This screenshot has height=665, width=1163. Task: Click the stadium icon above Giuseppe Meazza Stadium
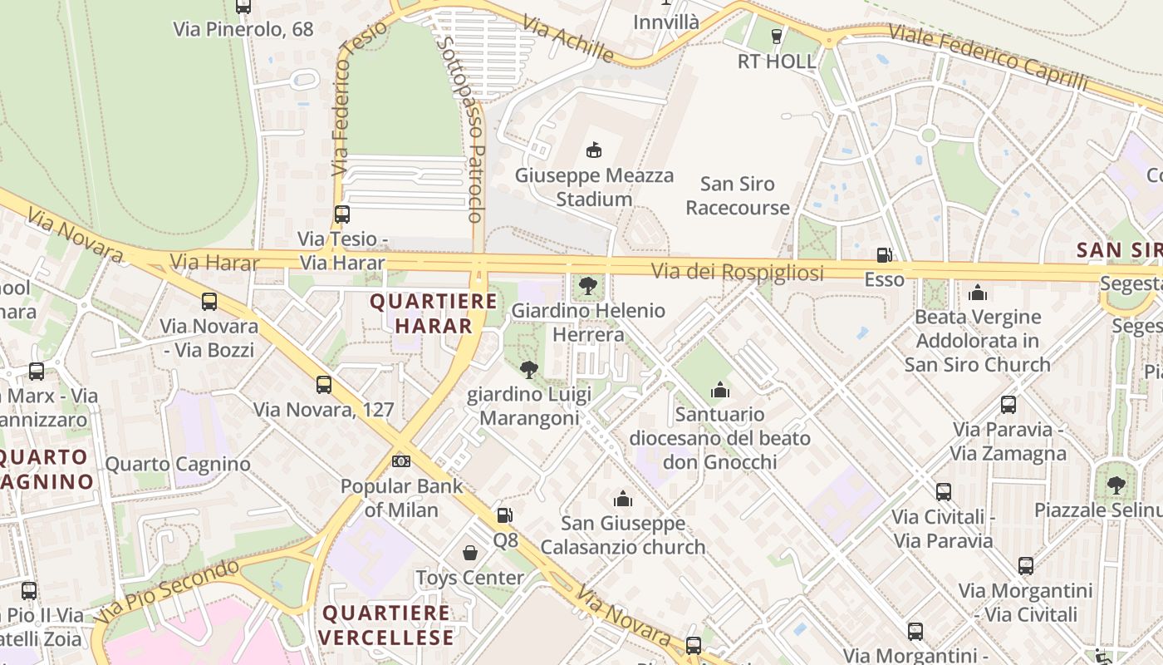(593, 150)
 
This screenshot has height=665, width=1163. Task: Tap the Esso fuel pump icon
(884, 255)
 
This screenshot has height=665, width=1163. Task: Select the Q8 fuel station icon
(504, 515)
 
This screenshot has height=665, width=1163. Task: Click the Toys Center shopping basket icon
(470, 553)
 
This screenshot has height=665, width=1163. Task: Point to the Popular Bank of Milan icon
(401, 461)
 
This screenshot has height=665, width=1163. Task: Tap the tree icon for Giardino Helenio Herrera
(588, 286)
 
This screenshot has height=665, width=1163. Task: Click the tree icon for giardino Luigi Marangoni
(528, 369)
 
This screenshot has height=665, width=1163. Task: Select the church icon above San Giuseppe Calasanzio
(622, 499)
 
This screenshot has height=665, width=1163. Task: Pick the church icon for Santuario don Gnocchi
(719, 389)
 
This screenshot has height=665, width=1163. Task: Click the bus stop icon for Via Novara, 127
(324, 385)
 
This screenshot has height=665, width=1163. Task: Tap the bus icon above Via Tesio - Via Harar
(342, 214)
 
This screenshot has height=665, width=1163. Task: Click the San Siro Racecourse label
(738, 195)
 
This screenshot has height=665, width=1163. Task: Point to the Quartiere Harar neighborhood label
(421, 313)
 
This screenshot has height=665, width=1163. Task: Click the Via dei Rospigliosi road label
(737, 272)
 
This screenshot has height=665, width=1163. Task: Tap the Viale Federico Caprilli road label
(988, 57)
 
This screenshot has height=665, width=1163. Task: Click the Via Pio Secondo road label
(166, 591)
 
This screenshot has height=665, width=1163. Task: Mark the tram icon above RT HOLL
(777, 36)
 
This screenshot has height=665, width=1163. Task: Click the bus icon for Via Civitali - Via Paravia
(943, 491)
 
